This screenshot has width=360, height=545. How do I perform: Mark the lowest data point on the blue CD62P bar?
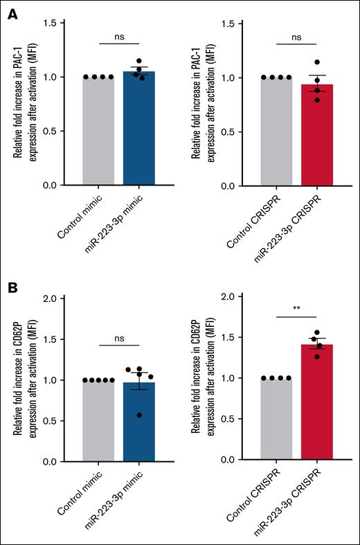coord(141,415)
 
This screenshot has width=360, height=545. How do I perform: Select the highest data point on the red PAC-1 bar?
coord(318,62)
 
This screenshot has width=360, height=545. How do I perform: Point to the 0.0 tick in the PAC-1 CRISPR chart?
coord(243,185)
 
